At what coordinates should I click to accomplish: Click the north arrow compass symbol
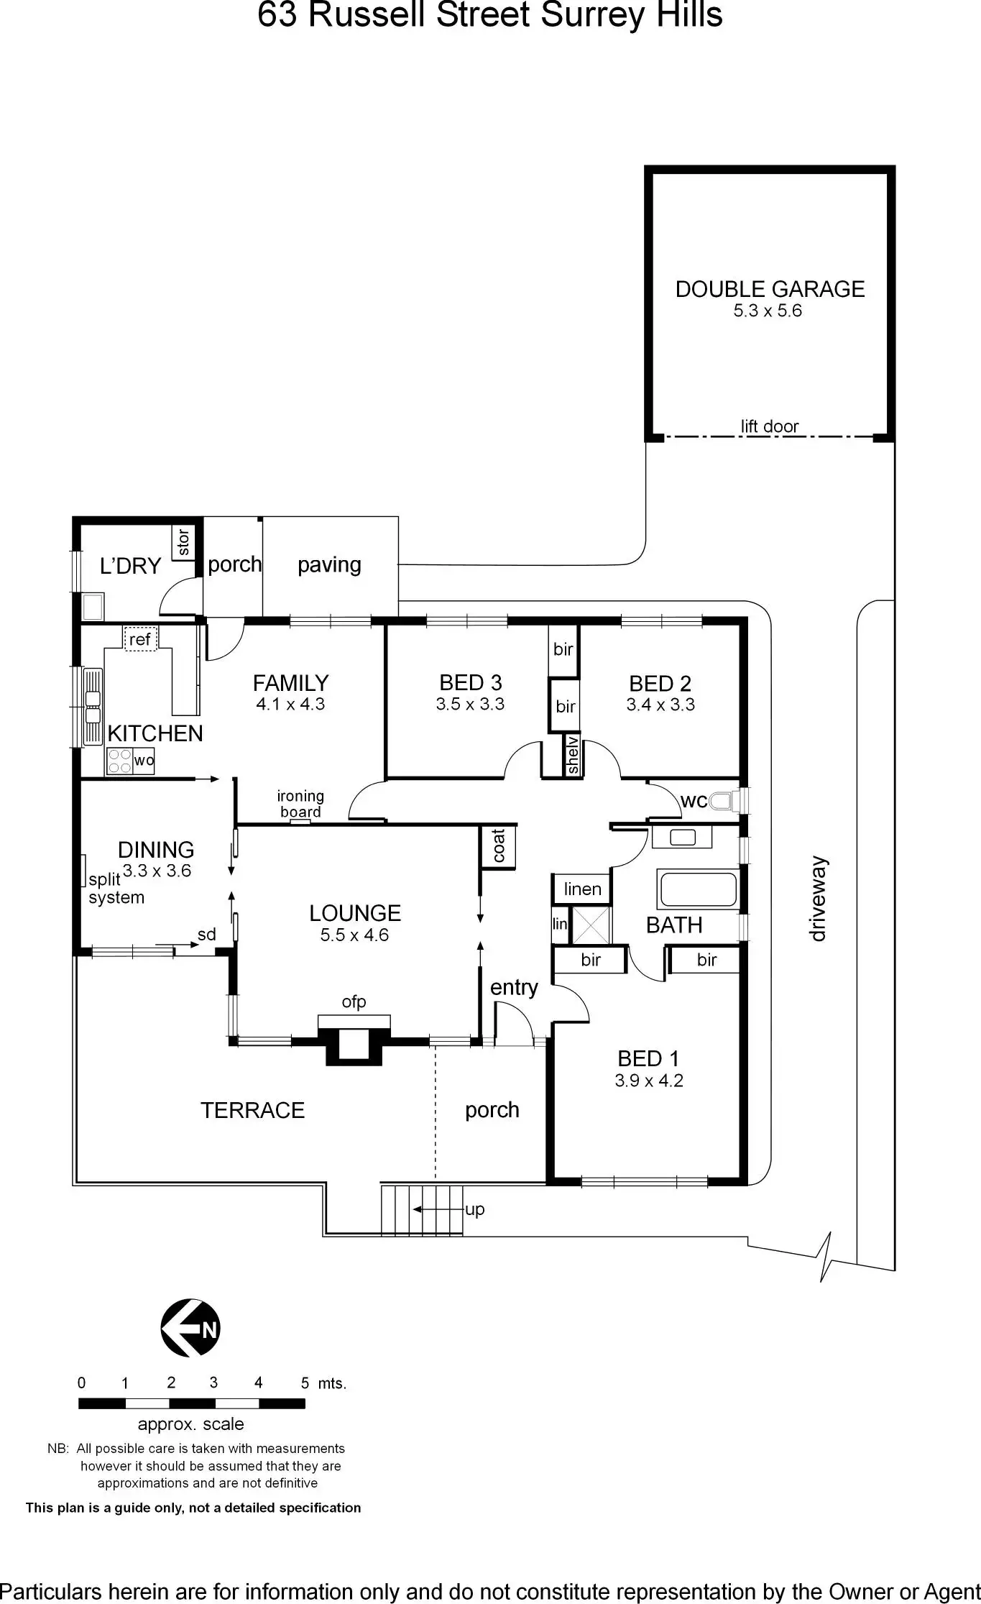190,1328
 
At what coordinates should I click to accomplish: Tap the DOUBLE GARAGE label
770,289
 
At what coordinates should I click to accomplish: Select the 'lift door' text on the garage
770,426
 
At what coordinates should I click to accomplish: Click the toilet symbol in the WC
722,800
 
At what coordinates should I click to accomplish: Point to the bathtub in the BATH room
698,889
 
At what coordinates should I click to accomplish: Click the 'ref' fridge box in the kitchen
140,638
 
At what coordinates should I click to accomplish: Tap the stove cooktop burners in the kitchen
119,761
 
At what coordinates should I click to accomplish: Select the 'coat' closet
499,846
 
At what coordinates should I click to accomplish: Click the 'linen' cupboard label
582,889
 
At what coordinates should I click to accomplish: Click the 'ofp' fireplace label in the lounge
354,1002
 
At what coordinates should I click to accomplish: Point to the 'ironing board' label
300,804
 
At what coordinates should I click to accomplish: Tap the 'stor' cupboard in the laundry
183,543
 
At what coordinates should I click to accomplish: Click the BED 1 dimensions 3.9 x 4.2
648,1080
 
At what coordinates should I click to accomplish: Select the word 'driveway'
818,898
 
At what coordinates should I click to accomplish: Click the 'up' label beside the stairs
475,1209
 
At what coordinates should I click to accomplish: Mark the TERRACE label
252,1110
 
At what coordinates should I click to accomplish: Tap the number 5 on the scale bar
305,1383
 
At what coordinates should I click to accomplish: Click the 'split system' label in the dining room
116,889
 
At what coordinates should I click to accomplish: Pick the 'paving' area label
329,564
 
